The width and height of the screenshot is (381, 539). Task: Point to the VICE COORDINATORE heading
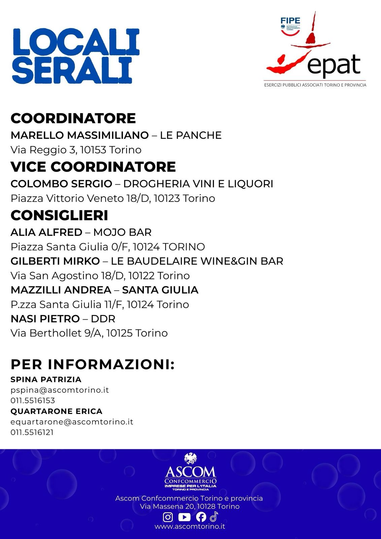coord(93,167)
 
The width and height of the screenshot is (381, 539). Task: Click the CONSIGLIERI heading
coord(59,215)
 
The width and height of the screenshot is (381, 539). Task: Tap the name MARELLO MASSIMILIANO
coord(80,135)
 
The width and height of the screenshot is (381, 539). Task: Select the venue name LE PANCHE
coord(191,135)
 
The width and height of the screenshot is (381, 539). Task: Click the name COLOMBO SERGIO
coord(61,184)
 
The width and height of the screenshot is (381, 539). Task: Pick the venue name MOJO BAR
coord(122,232)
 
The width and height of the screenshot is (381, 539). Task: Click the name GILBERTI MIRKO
coord(55,261)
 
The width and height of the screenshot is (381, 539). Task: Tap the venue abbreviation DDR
coord(103,319)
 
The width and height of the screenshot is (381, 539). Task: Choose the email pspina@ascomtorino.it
coord(60,390)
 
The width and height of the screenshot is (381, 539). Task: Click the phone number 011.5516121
coord(32,432)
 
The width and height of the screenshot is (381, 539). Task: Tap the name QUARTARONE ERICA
coord(56,411)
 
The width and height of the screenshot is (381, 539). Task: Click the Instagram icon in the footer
coord(168,517)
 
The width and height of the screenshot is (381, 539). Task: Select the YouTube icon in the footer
coord(184,517)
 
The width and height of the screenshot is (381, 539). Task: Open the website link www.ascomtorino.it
coord(190,526)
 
